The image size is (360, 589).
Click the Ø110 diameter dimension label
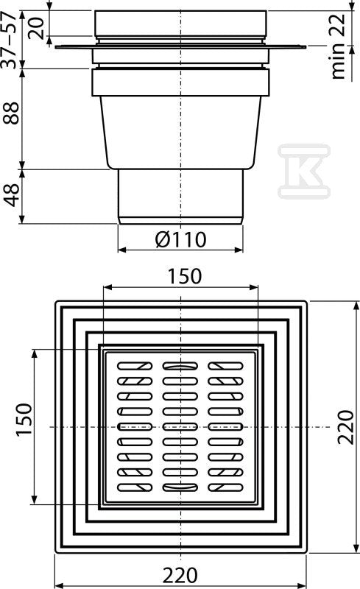(181, 239)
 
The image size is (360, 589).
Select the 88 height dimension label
(11, 113)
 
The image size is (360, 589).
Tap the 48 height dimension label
(11, 195)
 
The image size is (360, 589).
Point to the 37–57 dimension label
(10, 40)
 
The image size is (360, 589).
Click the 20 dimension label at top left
(37, 28)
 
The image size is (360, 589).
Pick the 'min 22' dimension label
(337, 46)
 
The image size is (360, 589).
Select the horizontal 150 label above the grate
(184, 276)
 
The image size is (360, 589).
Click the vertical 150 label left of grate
(24, 420)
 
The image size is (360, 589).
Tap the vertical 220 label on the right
(345, 427)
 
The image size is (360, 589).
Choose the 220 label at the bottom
(180, 575)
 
